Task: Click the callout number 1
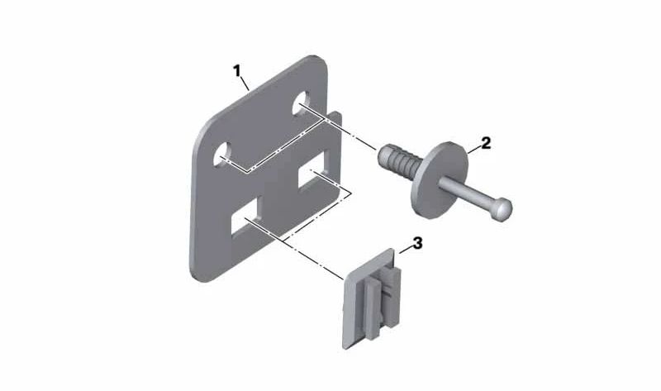point(237,70)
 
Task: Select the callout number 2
point(486,143)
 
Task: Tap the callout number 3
point(417,243)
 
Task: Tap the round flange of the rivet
point(440,179)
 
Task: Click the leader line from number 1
point(245,83)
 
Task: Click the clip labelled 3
point(372,298)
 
